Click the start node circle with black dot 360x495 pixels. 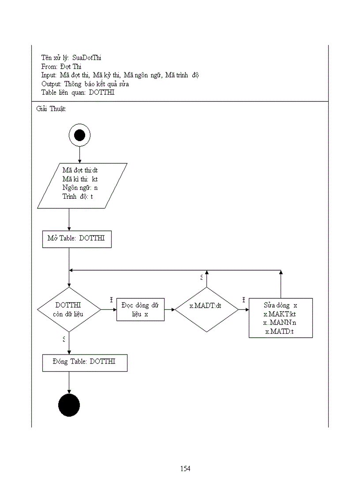tap(79, 135)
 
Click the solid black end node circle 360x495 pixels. tap(69, 406)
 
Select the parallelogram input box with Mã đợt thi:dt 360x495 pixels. tap(82, 186)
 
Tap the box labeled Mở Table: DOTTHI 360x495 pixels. tap(77, 239)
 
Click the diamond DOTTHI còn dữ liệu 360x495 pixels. tap(69, 309)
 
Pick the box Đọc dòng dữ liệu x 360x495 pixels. tap(140, 309)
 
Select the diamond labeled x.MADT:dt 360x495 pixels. tap(206, 309)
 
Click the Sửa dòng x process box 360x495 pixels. tap(281, 318)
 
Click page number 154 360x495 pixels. tap(185, 469)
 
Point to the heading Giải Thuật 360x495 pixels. tap(51, 109)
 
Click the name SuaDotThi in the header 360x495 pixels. tap(87, 58)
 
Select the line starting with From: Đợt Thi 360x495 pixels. tap(61, 67)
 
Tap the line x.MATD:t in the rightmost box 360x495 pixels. tap(280, 331)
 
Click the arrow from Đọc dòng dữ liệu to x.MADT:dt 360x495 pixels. tap(170, 309)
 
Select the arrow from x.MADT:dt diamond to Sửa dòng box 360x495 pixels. tap(244, 309)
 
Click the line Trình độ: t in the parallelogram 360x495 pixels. tap(78, 196)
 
